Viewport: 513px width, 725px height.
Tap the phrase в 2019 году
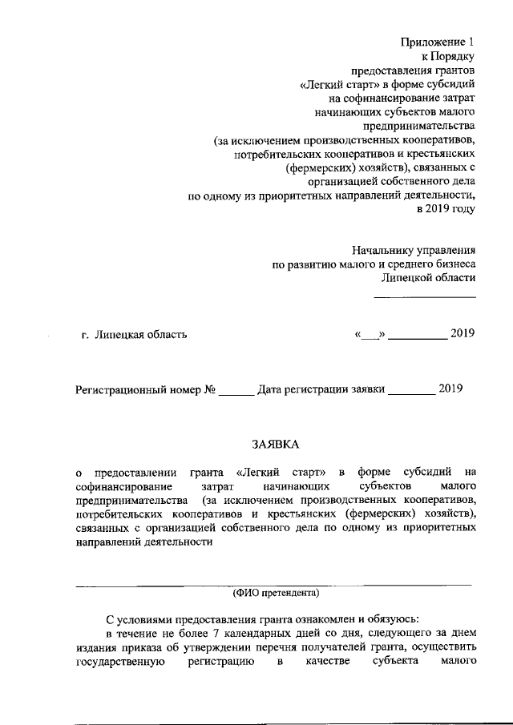(446, 210)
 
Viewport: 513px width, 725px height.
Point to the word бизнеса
(450, 264)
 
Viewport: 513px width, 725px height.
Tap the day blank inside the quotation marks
(370, 335)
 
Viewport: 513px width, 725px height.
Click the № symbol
(211, 390)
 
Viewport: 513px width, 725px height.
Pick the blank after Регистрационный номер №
(236, 393)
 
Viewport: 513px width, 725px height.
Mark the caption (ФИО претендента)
(275, 593)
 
